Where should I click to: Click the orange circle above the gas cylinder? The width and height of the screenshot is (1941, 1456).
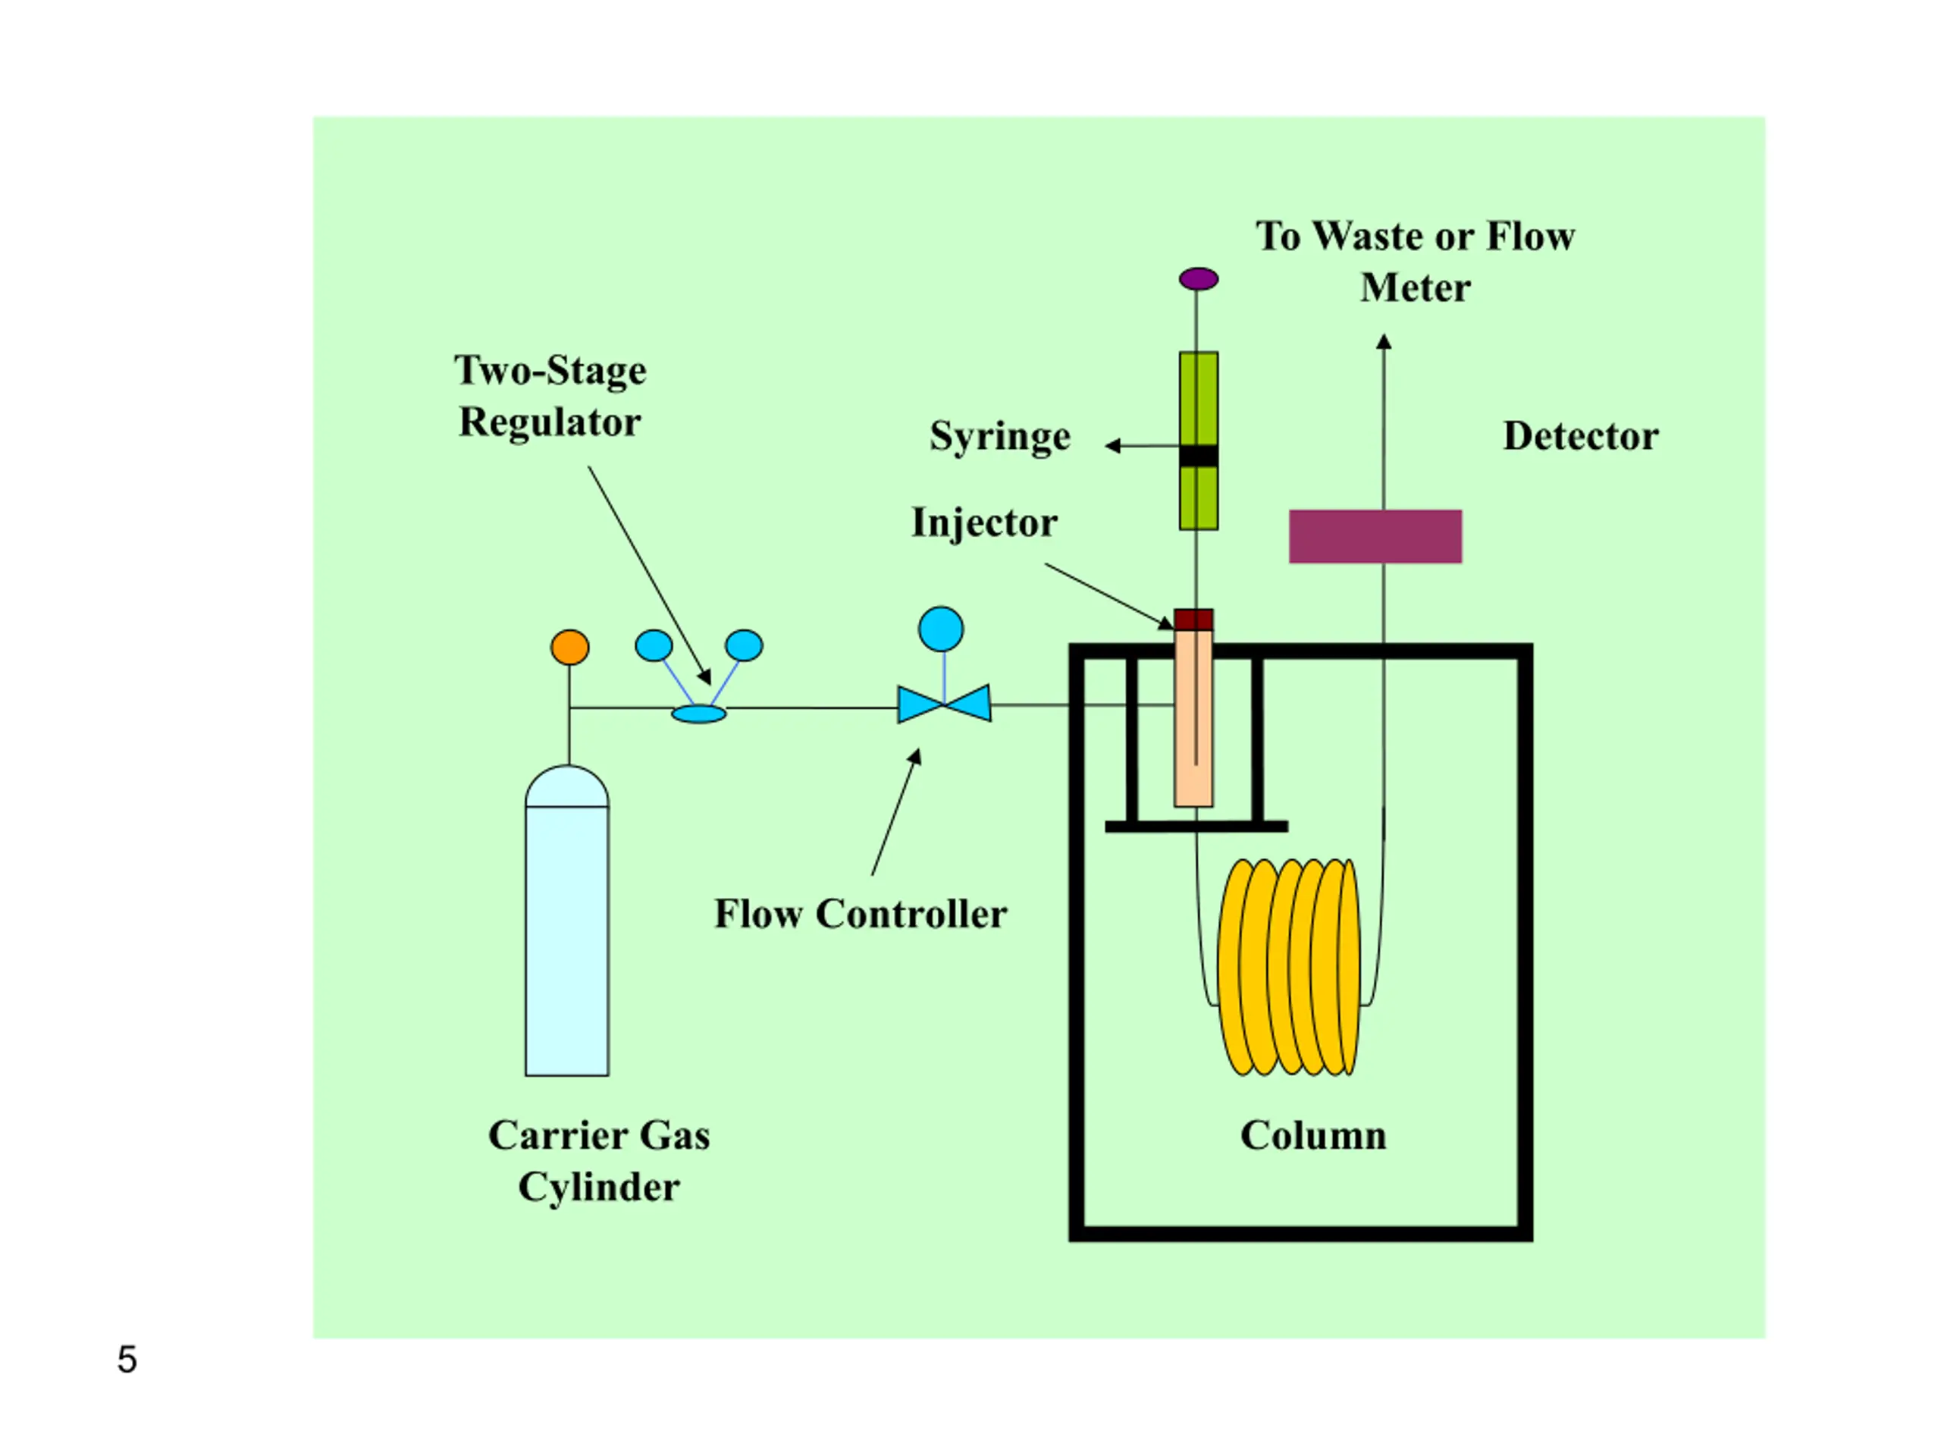(569, 648)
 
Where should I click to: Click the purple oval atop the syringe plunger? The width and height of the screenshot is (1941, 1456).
(1199, 279)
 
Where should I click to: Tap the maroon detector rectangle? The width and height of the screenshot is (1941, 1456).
(1375, 536)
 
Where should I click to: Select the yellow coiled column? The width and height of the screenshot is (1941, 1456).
(1289, 967)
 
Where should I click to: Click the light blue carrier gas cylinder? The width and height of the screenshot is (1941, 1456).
(567, 921)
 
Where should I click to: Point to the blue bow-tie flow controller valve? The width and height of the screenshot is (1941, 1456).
(944, 703)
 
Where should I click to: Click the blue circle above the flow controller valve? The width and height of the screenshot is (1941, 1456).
(941, 629)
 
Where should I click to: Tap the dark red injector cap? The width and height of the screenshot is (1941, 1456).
(1193, 620)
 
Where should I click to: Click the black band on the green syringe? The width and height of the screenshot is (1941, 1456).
(1199, 456)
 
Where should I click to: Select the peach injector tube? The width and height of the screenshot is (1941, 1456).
(1193, 718)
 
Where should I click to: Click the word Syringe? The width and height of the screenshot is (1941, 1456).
(1000, 437)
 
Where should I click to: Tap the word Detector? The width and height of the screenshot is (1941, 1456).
(1580, 435)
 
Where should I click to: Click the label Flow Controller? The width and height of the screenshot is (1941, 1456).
(860, 914)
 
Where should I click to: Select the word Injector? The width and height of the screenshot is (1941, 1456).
(985, 523)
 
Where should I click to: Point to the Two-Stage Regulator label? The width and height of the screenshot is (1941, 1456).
(550, 397)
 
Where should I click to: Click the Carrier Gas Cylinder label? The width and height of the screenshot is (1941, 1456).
(598, 1161)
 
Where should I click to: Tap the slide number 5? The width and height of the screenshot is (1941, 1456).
(127, 1360)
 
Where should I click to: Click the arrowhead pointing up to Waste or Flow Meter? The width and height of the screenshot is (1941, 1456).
(1384, 341)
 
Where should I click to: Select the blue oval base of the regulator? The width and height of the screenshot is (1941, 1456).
(698, 714)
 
